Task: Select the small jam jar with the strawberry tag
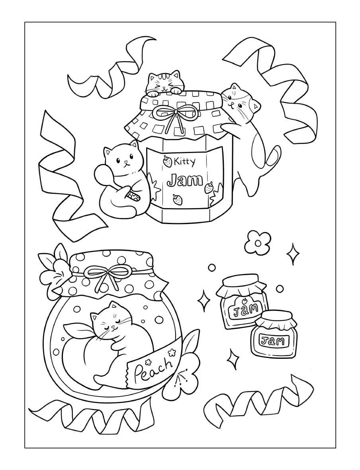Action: point(242,302)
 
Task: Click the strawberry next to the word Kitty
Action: point(167,161)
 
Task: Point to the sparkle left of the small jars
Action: point(205,301)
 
